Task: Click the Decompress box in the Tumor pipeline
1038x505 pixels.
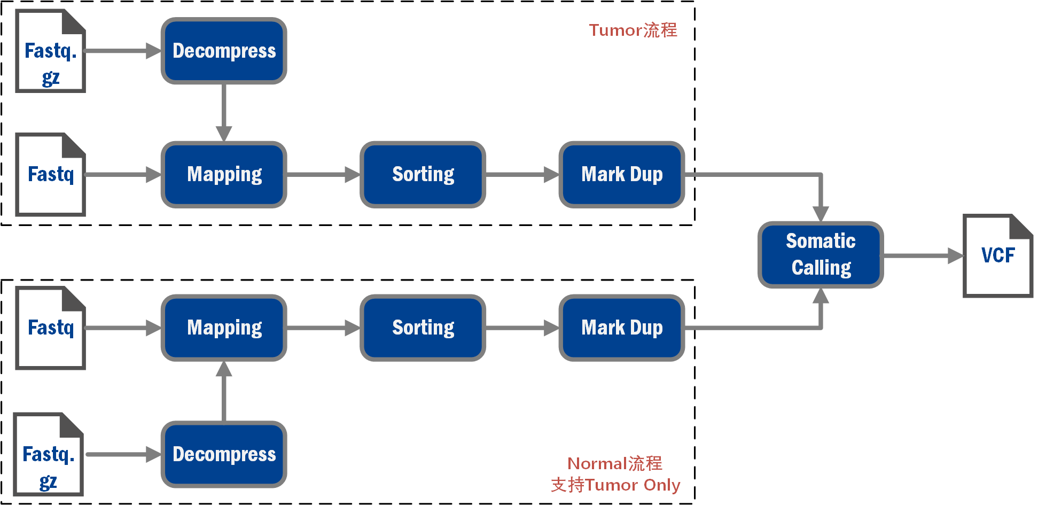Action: [x=224, y=51]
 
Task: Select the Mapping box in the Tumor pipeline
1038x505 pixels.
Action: [x=224, y=174]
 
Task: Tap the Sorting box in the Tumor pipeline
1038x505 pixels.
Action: [x=423, y=174]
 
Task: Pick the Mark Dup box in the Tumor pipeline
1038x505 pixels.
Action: [x=622, y=174]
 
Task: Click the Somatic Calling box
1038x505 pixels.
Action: [x=821, y=255]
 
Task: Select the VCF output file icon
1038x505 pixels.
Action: [x=997, y=255]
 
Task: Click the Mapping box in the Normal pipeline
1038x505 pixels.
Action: [x=224, y=328]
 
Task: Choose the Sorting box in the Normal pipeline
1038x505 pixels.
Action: [x=423, y=328]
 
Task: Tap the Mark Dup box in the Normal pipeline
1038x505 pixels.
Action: [x=622, y=328]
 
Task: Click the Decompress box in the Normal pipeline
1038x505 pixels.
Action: [x=224, y=454]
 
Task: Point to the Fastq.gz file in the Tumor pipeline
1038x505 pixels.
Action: [x=50, y=51]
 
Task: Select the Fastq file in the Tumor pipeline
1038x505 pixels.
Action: [x=50, y=174]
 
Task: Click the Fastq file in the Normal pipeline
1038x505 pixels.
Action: [x=50, y=328]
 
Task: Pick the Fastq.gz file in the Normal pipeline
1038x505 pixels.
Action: [x=48, y=454]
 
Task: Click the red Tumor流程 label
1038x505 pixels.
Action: [x=633, y=30]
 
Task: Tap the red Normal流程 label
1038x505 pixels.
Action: [x=615, y=463]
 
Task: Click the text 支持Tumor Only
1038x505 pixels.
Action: [x=615, y=485]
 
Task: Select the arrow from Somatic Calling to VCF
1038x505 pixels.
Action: [x=923, y=255]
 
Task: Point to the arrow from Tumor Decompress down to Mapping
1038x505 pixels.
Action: [x=224, y=113]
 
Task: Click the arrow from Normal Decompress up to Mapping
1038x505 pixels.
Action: [x=224, y=391]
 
